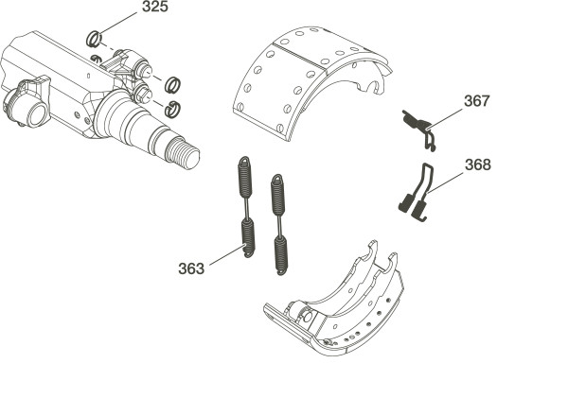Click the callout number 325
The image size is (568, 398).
coord(155,7)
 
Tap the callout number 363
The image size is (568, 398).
coord(191,268)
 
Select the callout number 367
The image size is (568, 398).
coord(477,101)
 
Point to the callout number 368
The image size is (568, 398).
coord(478,164)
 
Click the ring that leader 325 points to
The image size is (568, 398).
coord(94,39)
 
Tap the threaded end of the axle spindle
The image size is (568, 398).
coord(182,155)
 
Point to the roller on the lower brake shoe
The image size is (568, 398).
coord(306,316)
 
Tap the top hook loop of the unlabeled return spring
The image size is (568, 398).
coord(277,179)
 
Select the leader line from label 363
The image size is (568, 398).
coord(227,255)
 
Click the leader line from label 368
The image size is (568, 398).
coord(444,183)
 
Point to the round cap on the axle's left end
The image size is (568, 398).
coord(36,114)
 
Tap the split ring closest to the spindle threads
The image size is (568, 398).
coord(172,110)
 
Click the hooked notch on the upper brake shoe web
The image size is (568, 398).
coord(369,88)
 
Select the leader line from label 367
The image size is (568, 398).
coord(445,117)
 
